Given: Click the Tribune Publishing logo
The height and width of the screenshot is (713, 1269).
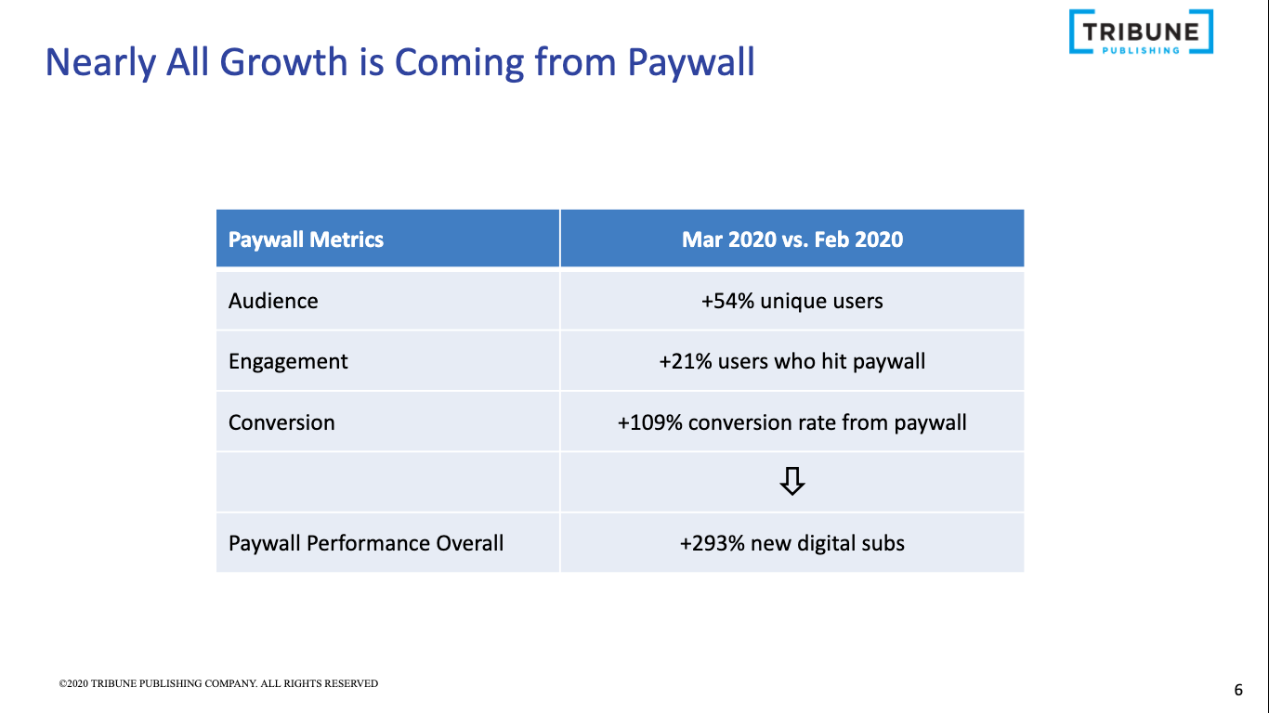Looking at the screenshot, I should click(1141, 32).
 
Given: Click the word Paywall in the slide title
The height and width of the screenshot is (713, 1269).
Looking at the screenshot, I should click(690, 62).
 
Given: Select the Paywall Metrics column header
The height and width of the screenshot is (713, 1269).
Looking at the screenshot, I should click(306, 240).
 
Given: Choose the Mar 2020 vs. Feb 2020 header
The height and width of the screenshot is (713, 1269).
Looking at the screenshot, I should click(791, 240).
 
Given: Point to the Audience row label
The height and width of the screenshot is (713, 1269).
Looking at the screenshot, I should click(273, 301).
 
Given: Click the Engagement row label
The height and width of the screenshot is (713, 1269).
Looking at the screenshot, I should click(288, 361).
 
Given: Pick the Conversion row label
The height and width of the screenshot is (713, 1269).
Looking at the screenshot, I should click(281, 422).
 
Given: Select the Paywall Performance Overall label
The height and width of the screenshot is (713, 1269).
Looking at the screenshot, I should click(366, 543).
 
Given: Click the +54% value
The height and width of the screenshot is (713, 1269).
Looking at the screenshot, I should click(727, 301).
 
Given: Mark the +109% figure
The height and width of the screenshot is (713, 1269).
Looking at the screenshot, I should click(649, 422).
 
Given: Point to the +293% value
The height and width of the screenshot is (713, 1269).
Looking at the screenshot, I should click(713, 543).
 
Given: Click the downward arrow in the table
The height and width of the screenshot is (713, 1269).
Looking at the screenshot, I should click(791, 482).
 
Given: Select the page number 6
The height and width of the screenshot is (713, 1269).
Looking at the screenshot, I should click(1238, 690).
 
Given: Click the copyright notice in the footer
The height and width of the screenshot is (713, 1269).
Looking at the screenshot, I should click(218, 684).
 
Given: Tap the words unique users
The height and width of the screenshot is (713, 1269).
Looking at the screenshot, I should click(821, 301).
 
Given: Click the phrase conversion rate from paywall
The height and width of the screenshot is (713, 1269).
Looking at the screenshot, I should click(827, 422).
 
